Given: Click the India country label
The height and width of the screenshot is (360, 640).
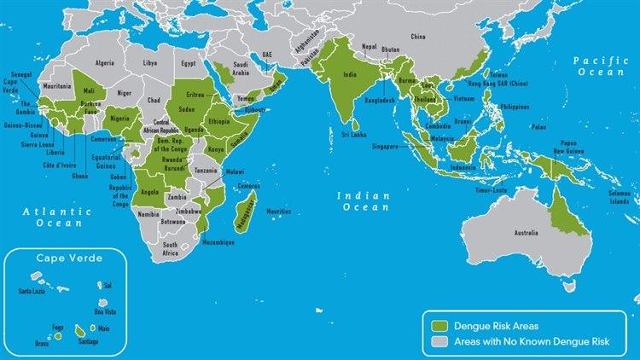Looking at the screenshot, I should (x=350, y=75).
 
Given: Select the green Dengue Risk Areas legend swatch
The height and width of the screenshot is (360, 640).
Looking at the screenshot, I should (x=439, y=325).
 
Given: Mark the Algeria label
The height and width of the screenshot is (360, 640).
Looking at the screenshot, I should (x=104, y=63).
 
